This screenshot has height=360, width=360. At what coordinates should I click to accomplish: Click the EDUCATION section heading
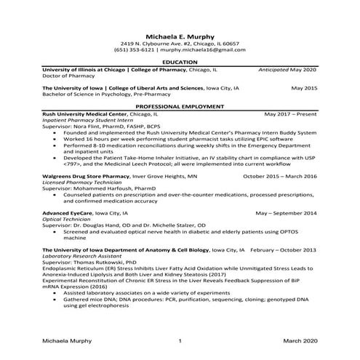coord(180,63)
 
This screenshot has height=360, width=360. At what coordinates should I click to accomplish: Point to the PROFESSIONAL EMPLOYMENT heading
coord(180,106)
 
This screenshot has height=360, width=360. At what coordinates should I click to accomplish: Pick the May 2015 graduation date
coord(304,88)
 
